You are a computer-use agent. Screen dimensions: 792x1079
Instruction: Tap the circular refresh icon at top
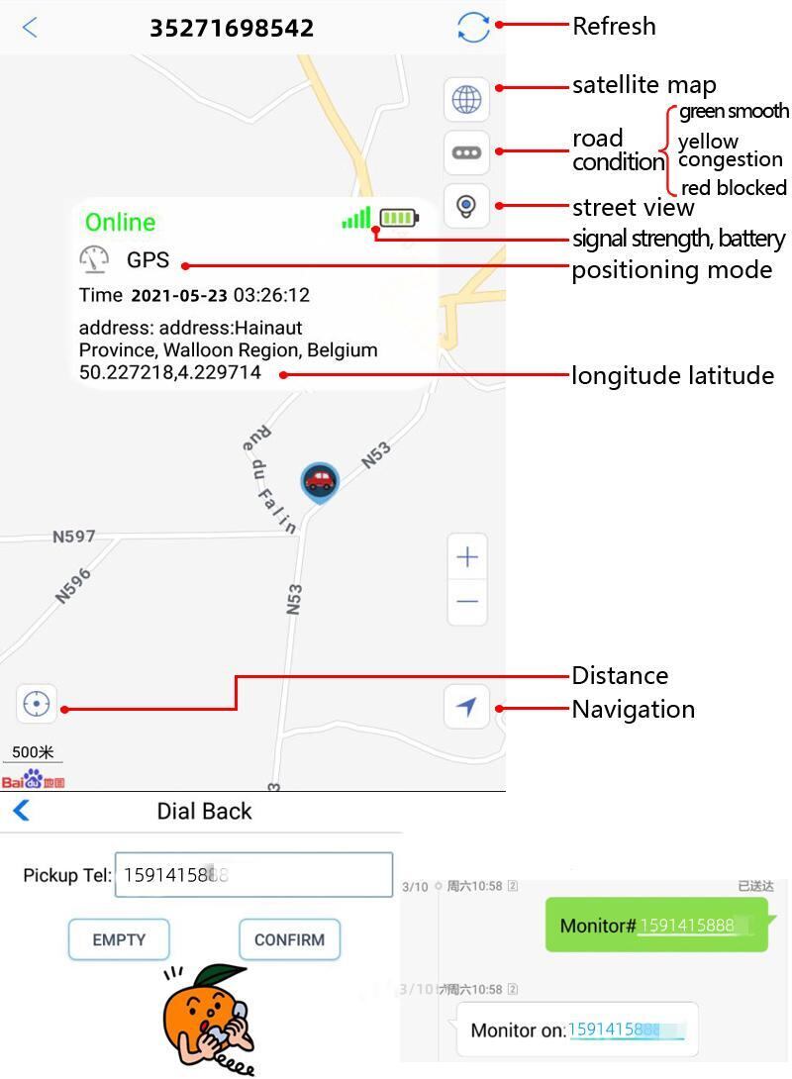[473, 27]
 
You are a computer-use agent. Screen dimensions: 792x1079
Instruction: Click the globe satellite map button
[466, 99]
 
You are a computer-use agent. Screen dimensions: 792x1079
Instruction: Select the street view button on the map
[466, 206]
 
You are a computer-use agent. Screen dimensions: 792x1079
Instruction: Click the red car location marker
[319, 481]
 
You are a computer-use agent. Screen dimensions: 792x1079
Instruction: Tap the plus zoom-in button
[467, 557]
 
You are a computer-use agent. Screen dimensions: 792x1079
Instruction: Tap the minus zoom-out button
[467, 601]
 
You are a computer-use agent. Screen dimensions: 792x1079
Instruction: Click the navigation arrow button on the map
[466, 706]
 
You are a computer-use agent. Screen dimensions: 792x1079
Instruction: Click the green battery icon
[399, 218]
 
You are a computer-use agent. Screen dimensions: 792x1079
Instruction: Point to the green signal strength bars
[356, 218]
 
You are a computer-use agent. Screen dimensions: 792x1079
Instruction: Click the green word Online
[120, 222]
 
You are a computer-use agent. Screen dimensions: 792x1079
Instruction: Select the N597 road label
[74, 537]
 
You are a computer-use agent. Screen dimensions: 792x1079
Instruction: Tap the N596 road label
[72, 585]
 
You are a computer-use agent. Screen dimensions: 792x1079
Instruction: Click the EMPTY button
[119, 939]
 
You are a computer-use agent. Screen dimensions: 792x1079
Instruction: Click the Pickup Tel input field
[254, 875]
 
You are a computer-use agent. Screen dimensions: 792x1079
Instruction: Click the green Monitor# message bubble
[655, 926]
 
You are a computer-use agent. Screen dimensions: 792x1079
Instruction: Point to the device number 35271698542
[232, 28]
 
